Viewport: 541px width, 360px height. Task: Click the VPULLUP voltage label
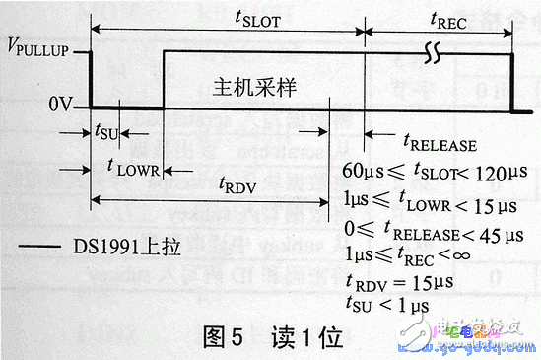point(39,48)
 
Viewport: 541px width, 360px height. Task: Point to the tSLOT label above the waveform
point(261,20)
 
